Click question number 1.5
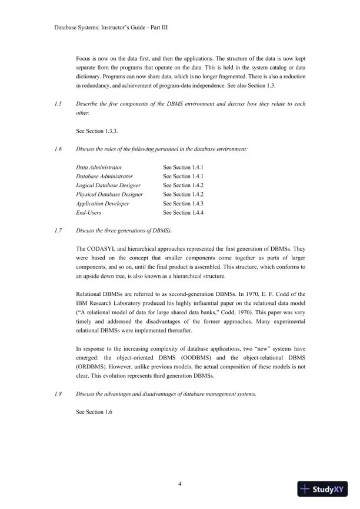(58, 104)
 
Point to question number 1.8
(58, 394)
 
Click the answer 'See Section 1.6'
(94, 411)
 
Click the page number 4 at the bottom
(180, 484)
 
